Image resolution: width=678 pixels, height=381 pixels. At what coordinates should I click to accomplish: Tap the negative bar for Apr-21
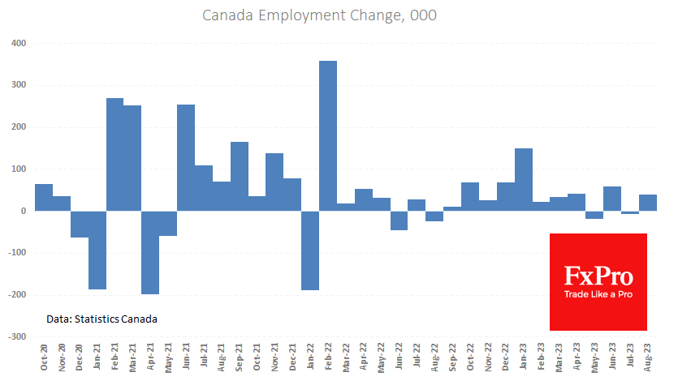click(x=150, y=252)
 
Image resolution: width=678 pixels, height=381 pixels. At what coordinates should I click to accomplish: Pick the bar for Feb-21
click(x=115, y=154)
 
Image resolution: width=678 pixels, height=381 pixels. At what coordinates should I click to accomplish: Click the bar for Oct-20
click(x=44, y=197)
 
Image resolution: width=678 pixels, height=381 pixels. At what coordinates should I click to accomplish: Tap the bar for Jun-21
click(x=186, y=157)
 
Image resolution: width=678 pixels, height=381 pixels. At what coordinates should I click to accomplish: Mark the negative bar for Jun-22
click(x=399, y=220)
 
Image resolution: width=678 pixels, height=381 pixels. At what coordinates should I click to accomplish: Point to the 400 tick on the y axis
click(x=17, y=43)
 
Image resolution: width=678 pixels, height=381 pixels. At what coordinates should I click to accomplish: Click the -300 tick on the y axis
click(x=15, y=336)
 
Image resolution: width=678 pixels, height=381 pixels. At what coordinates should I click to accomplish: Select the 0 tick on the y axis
click(x=22, y=211)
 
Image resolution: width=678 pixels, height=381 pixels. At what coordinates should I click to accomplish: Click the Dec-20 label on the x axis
click(x=80, y=357)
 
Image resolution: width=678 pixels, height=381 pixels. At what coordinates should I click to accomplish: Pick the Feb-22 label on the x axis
click(x=328, y=357)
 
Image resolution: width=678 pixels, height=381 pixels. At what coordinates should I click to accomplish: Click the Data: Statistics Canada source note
click(x=101, y=319)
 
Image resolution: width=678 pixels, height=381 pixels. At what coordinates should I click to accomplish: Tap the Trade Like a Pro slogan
click(x=598, y=293)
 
